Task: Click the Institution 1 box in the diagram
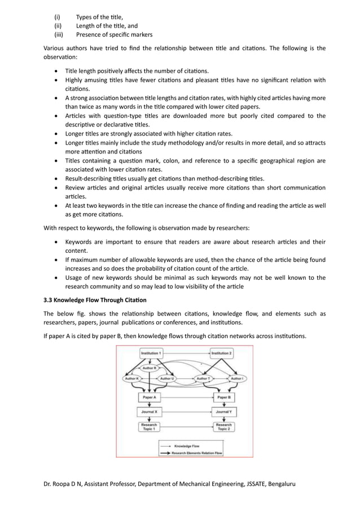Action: click(151, 353)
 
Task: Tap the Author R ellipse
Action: click(150, 367)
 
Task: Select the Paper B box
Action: click(223, 398)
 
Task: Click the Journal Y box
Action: click(223, 412)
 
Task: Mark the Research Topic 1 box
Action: click(150, 427)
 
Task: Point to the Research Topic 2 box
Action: click(223, 427)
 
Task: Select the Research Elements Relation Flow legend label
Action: click(200, 452)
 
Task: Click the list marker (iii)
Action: click(58, 34)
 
